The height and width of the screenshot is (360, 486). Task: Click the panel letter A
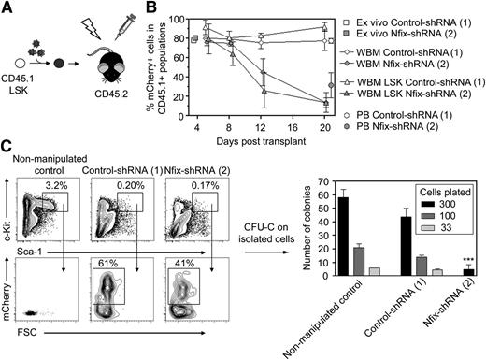[7, 8]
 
